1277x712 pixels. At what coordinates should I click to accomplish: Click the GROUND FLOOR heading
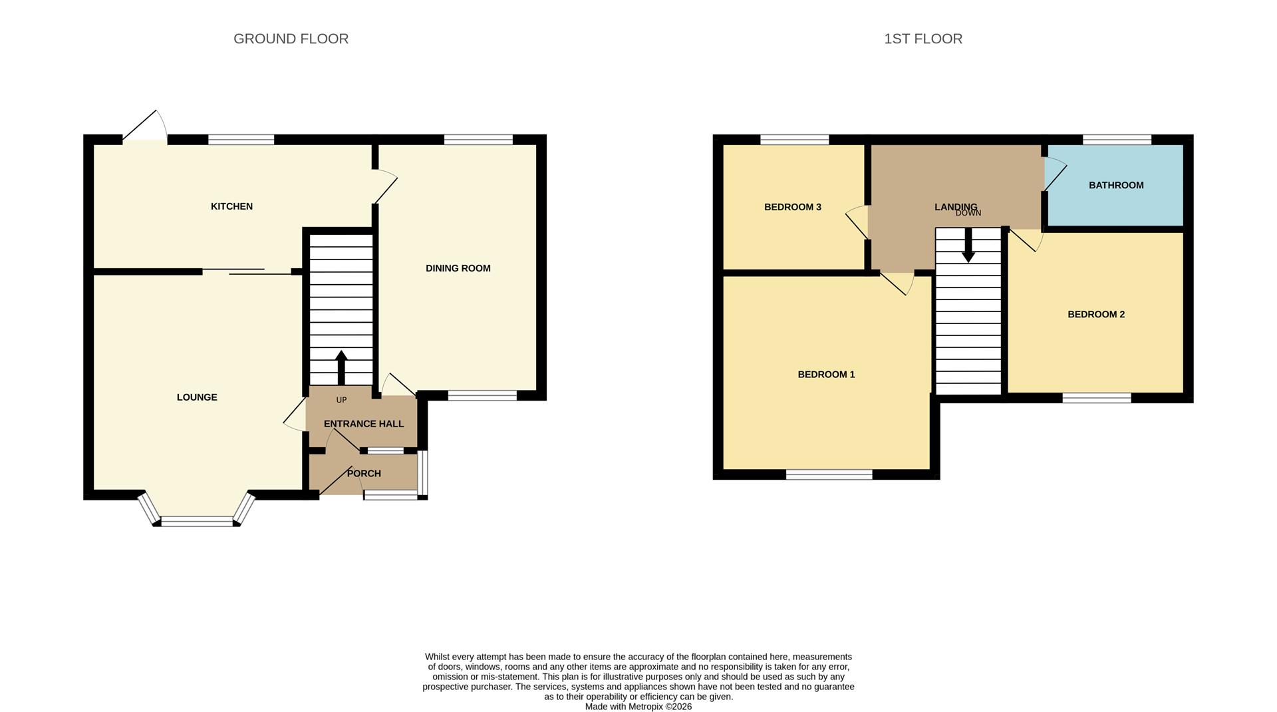[x=291, y=39]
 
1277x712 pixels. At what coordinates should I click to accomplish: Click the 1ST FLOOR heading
[x=922, y=39]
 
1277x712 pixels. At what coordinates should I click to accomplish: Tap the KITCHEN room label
[x=231, y=206]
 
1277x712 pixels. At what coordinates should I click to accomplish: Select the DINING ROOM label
[x=458, y=268]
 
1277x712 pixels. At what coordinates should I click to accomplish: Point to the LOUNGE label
[x=197, y=397]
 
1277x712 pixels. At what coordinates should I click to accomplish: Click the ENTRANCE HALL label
[x=363, y=424]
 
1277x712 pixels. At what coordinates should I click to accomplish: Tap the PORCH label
[x=364, y=473]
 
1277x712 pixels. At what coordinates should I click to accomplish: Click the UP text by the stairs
[x=341, y=400]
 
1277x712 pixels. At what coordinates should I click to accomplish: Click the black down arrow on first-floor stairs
[x=968, y=246]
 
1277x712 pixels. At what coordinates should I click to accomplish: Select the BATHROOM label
[x=1115, y=185]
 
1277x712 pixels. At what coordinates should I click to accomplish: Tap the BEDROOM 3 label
[x=792, y=207]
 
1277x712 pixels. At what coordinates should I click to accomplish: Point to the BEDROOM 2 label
[x=1095, y=314]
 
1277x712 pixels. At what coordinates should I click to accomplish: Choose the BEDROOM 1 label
[x=826, y=375]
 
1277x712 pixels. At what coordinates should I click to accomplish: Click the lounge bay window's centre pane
[x=197, y=522]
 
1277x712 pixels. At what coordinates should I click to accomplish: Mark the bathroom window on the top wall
[x=1117, y=140]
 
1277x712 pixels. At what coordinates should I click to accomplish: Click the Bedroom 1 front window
[x=829, y=474]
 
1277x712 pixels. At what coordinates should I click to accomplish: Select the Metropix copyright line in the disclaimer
[x=638, y=707]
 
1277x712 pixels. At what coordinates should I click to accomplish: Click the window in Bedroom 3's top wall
[x=794, y=140]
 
